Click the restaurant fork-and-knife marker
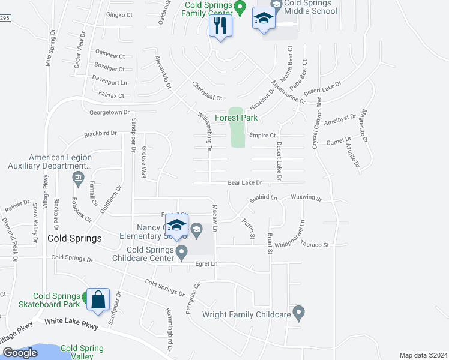click(x=220, y=25)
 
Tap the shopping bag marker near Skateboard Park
click(x=98, y=298)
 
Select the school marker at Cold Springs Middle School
click(x=263, y=19)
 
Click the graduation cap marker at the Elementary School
click(x=176, y=226)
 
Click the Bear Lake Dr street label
click(x=245, y=182)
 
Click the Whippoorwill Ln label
click(x=302, y=229)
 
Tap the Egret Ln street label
click(x=205, y=264)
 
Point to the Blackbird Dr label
click(x=100, y=134)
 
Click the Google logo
click(x=20, y=353)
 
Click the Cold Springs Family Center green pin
click(x=240, y=8)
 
